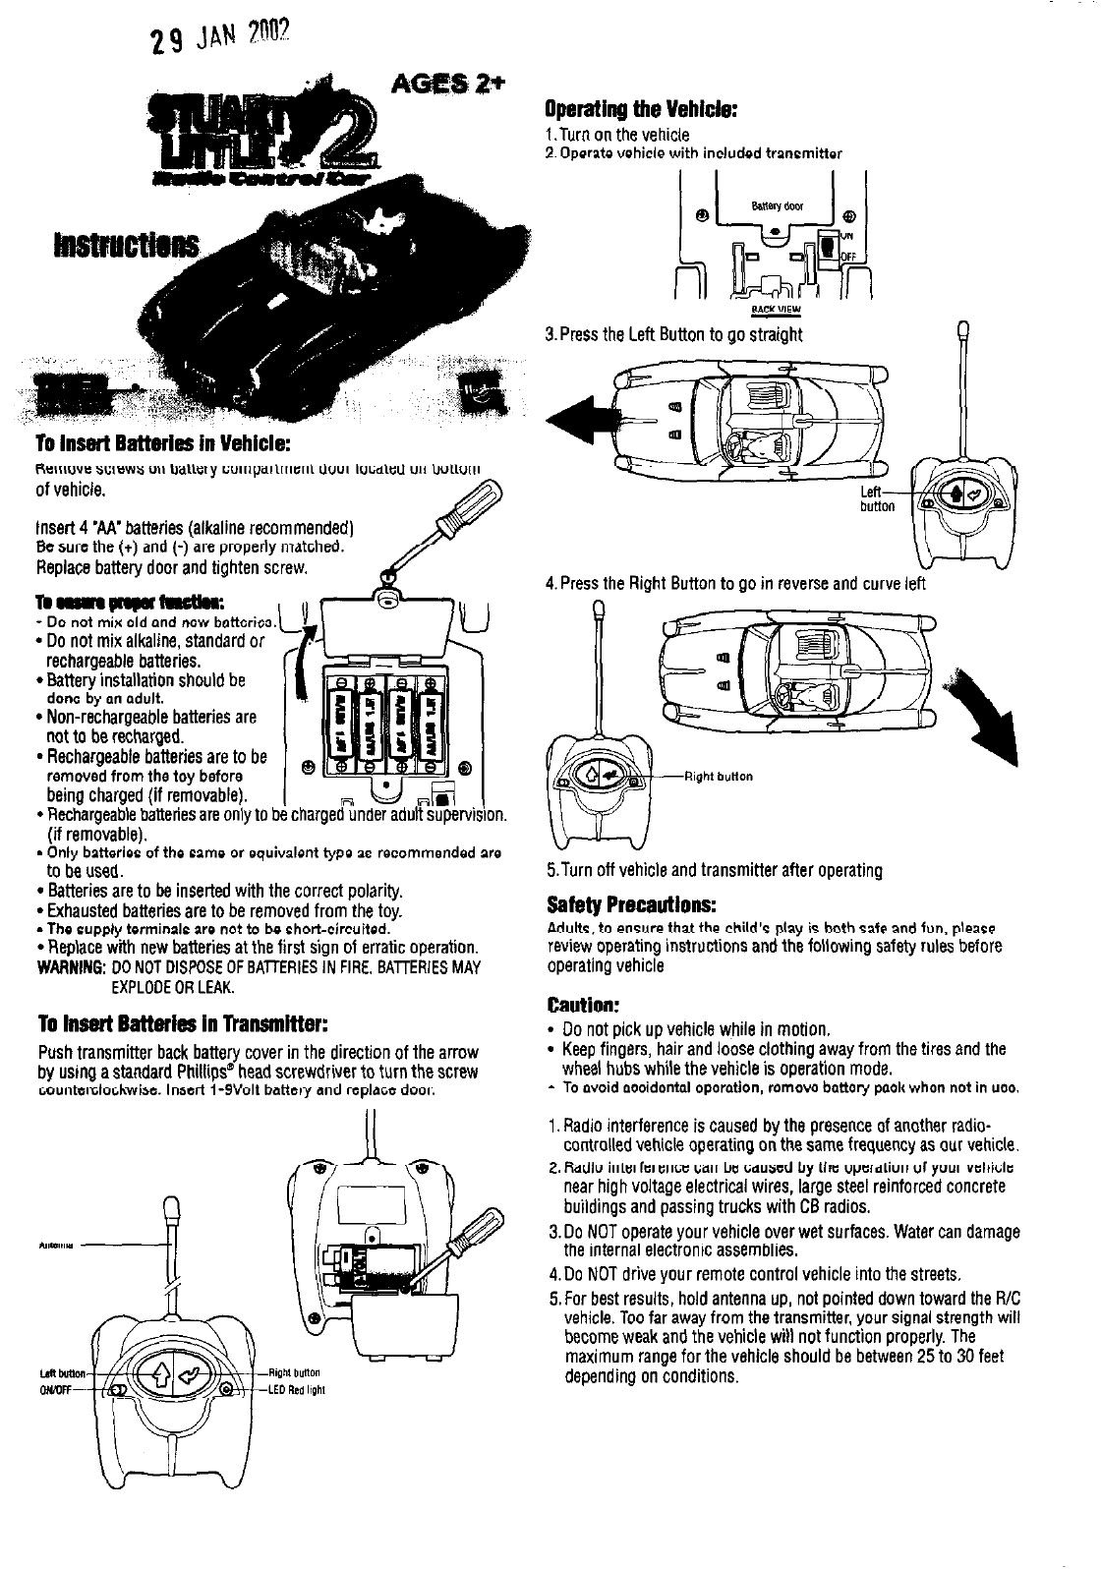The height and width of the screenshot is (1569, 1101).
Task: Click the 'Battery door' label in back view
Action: pos(778,206)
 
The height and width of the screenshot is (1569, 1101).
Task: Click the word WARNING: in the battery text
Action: pos(65,967)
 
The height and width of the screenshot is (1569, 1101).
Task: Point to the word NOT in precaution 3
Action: pos(594,1232)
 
